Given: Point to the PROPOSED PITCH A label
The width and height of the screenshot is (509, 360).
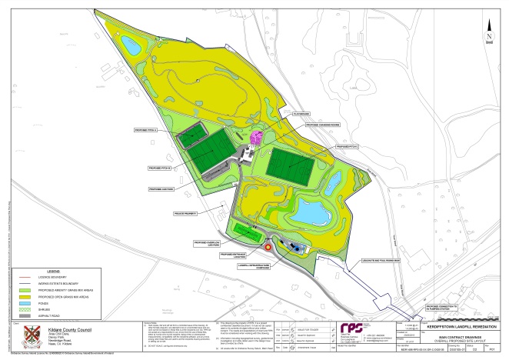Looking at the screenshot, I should click(167, 131).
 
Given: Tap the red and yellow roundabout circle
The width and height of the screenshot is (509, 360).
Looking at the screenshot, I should click(268, 247).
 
